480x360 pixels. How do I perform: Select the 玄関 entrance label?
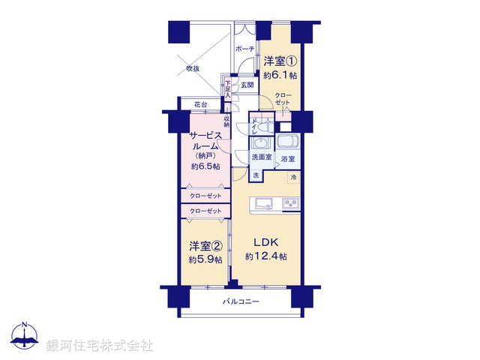point(247,85)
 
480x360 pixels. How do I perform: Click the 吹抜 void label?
point(193,69)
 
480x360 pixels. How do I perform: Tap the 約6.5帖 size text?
point(205,166)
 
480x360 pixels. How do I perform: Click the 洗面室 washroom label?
point(262,158)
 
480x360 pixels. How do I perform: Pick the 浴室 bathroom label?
point(288,159)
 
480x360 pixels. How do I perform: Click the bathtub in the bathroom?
point(288,142)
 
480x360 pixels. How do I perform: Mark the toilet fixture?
point(259,127)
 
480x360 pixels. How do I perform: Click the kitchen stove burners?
point(290,203)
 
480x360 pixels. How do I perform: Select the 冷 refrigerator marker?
point(293,177)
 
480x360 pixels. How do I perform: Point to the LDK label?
point(265,242)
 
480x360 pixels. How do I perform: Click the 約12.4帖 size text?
point(265,257)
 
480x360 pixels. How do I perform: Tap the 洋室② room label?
point(205,246)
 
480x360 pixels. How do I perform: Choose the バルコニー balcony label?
point(241,301)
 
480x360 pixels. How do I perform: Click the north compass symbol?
point(26,338)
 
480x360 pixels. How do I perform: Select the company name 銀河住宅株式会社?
point(100,346)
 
